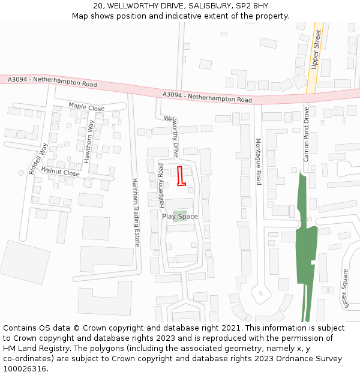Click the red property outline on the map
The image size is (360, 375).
pos(181,176)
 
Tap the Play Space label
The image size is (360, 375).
pos(179,217)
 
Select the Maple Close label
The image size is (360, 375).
pos(86,107)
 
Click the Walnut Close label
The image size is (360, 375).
pos(60,173)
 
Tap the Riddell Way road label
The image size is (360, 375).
pos(37,157)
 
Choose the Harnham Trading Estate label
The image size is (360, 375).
pos(136,213)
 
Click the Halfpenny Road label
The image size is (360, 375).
pos(161,184)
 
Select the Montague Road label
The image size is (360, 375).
pos(259,161)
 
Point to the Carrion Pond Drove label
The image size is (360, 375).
pos(306,134)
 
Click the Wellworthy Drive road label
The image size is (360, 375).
pos(172,135)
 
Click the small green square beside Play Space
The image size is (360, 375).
pos(179,215)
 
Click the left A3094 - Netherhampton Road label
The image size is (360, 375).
pos(52,82)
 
